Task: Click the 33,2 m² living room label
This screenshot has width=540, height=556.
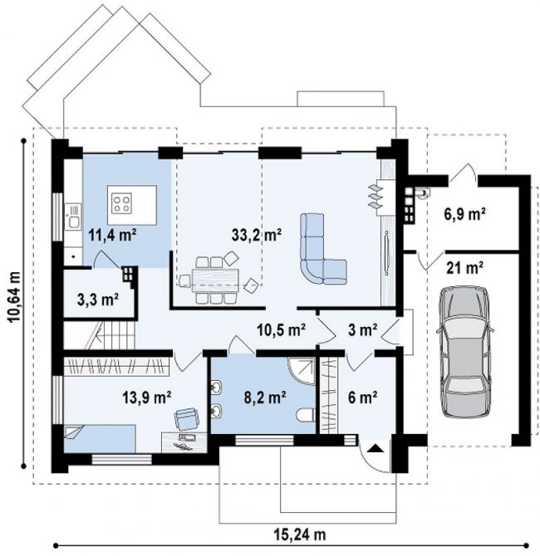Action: pyautogui.click(x=257, y=235)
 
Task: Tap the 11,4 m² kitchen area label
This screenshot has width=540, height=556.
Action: pyautogui.click(x=112, y=235)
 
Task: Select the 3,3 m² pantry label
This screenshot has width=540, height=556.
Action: pyautogui.click(x=98, y=300)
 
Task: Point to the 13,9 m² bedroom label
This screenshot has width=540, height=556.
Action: pyautogui.click(x=147, y=397)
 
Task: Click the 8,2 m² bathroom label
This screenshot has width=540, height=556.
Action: pyautogui.click(x=265, y=397)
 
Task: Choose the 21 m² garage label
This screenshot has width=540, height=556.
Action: pyautogui.click(x=464, y=268)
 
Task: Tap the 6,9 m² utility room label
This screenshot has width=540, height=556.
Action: pyautogui.click(x=464, y=214)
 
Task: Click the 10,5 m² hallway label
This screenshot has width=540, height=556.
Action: pyautogui.click(x=281, y=329)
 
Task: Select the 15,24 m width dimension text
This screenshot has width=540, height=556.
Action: pyautogui.click(x=299, y=534)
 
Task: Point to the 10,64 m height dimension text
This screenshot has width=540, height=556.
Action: pyautogui.click(x=13, y=297)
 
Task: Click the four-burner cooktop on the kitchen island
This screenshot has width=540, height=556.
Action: pyautogui.click(x=122, y=203)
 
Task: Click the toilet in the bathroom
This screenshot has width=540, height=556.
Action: pyautogui.click(x=305, y=415)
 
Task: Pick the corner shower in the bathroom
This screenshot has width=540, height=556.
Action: pyautogui.click(x=302, y=371)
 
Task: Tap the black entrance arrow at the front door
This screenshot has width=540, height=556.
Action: pyautogui.click(x=376, y=449)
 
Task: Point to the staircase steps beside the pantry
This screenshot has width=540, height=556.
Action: pyautogui.click(x=114, y=335)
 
